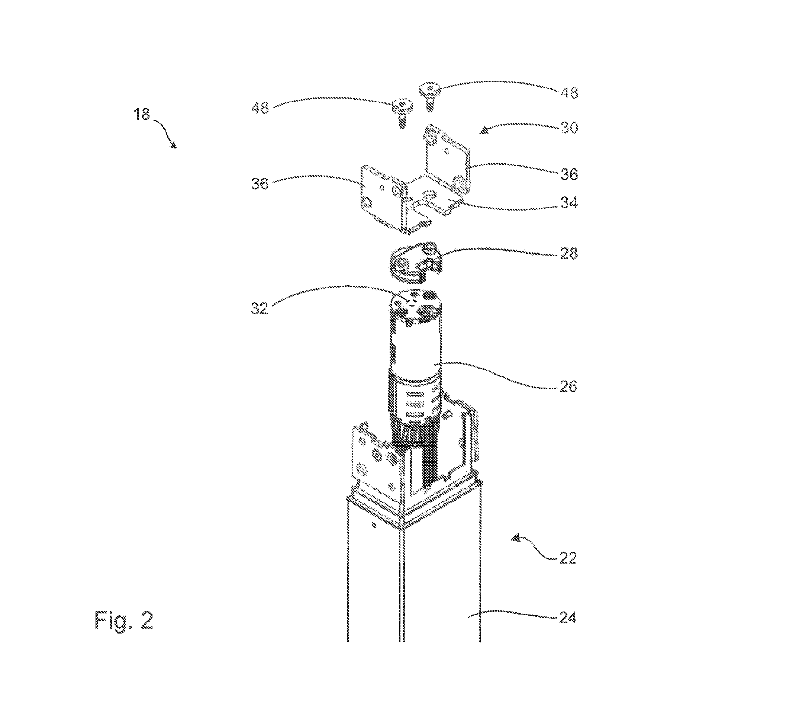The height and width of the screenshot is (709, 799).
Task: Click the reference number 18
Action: tap(142, 114)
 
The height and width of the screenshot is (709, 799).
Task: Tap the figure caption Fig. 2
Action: tap(123, 620)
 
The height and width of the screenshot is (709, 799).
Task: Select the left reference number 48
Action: tap(260, 108)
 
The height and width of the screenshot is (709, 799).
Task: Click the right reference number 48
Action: tap(569, 92)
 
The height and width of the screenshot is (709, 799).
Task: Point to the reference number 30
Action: tap(569, 128)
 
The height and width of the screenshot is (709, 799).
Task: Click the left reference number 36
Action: tap(260, 184)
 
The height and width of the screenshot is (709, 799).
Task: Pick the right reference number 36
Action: tap(569, 174)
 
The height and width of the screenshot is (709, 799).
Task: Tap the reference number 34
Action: tap(569, 203)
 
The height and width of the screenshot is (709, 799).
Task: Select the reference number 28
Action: tap(569, 253)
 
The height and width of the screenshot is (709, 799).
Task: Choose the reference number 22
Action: tap(568, 558)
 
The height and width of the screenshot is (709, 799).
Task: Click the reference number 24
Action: tap(568, 617)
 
